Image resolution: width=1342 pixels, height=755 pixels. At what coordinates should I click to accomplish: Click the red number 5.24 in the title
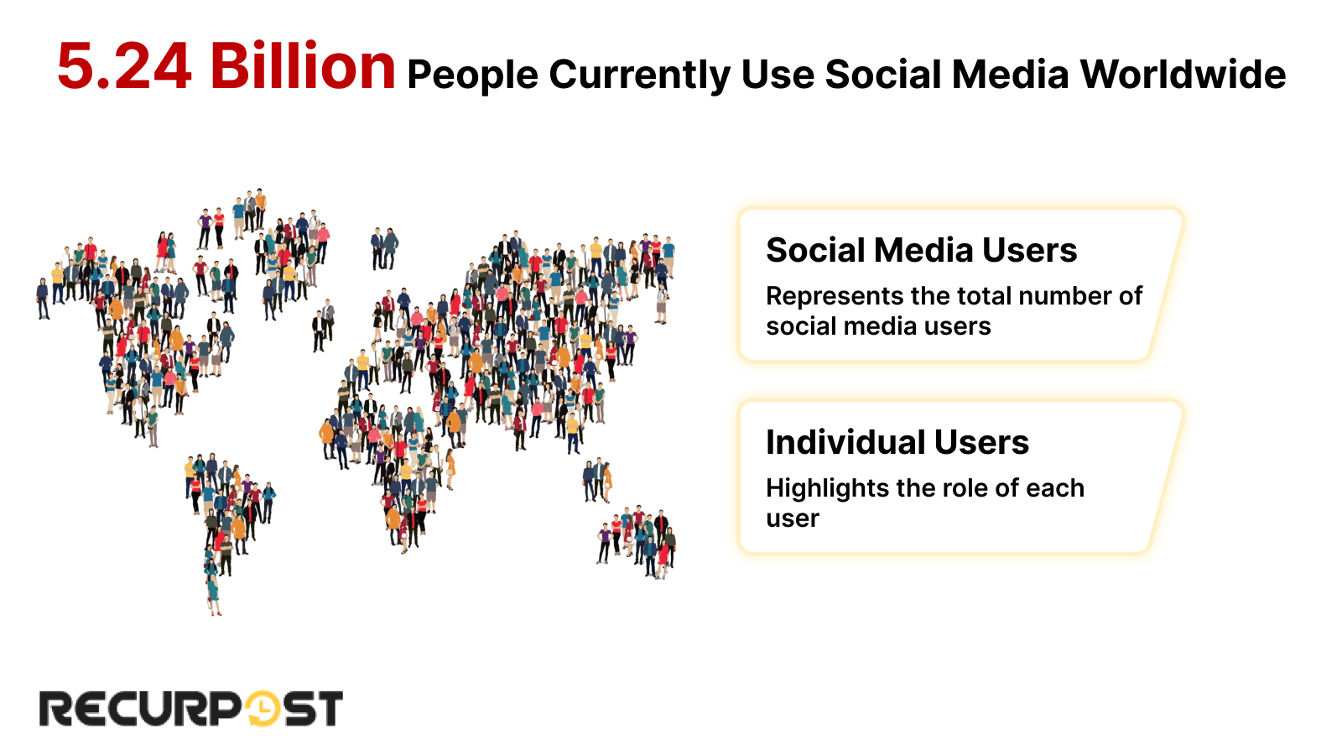[x=124, y=67]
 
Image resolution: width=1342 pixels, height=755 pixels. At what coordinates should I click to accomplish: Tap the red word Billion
[x=302, y=67]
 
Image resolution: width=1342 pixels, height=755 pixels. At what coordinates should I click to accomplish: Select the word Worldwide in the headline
[x=1183, y=75]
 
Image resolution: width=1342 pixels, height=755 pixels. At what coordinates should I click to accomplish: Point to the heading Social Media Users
[x=921, y=250]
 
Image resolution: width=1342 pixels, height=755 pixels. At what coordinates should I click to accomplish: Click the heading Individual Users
[x=897, y=442]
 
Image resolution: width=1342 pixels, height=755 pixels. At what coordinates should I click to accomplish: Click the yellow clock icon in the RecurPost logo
[x=263, y=709]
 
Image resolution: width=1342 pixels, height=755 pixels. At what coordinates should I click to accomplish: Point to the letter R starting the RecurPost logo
[x=57, y=709]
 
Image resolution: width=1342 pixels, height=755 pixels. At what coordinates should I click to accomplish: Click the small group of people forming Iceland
[x=383, y=247]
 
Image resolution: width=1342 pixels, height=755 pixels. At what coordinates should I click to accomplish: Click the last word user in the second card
[x=792, y=518]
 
